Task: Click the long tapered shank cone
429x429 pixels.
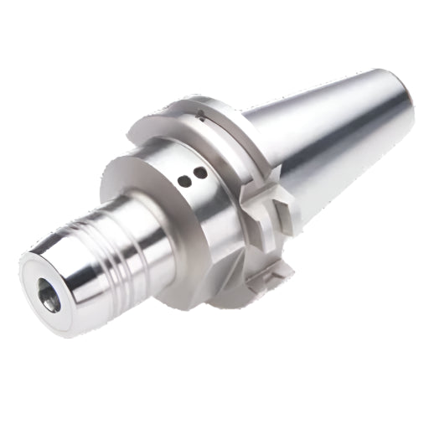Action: pyautogui.click(x=335, y=142)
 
